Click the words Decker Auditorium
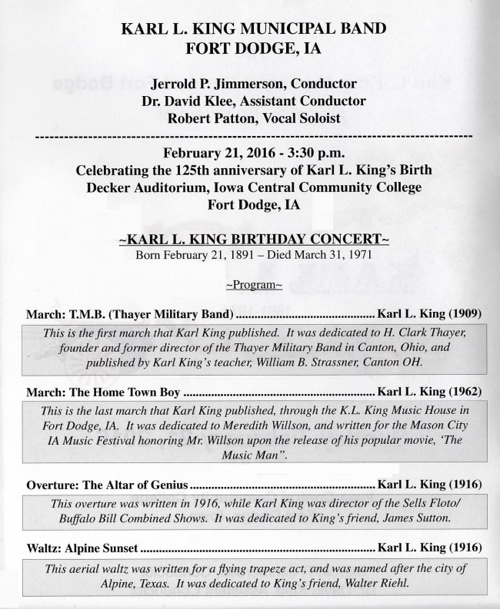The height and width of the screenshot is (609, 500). tap(149, 187)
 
